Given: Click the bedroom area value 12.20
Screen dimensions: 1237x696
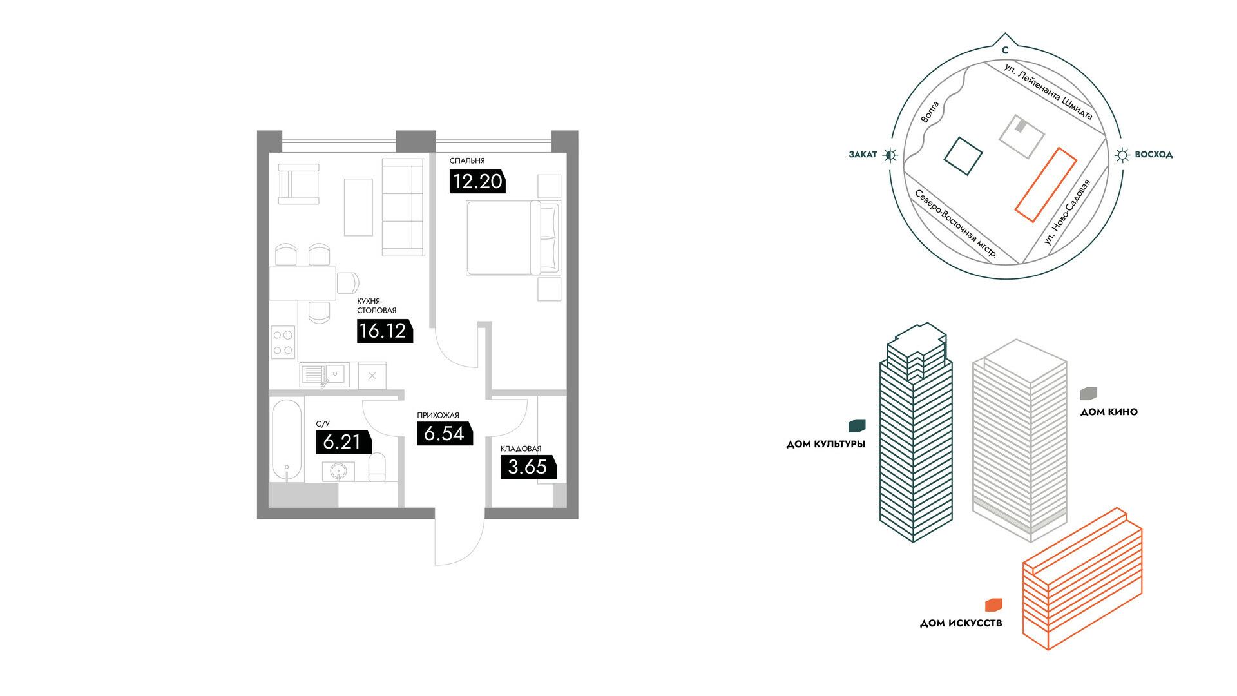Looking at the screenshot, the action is pos(477,181).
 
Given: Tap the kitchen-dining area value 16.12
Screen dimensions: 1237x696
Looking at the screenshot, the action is pos(383,331).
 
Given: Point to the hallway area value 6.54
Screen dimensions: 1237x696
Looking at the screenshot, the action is pos(444,433).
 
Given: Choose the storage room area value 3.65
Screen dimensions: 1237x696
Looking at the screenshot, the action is pos(528,467).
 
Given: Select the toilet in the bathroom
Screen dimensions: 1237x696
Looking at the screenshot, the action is pos(378,467).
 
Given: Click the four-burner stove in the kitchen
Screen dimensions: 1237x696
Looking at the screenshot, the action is pos(283,342).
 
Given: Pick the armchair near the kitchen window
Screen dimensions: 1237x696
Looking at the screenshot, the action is pos(299,184).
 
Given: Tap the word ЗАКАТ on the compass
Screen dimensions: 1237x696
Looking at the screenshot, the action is pos(863,155).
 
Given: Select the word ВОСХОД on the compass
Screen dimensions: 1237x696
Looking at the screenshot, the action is pos(1153,155).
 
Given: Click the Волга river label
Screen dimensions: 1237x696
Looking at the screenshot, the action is pos(930,111).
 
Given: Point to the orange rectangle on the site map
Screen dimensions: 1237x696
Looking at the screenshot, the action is pos(1046,185).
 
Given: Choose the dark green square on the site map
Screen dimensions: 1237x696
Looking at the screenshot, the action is pos(963,156).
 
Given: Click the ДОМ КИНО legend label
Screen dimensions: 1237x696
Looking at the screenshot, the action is pos(1109,412).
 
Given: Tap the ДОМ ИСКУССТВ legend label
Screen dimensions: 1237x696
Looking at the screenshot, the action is pos(961,623).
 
